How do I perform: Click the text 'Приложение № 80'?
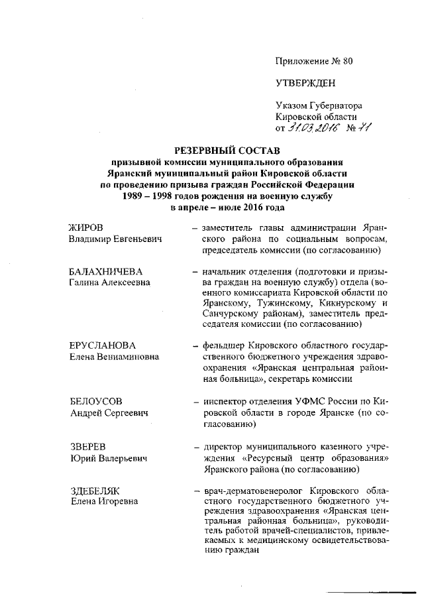[314, 62]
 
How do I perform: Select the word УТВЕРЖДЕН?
[305, 83]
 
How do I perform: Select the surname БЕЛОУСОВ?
[96, 402]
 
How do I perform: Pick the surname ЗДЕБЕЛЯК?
[94, 491]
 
